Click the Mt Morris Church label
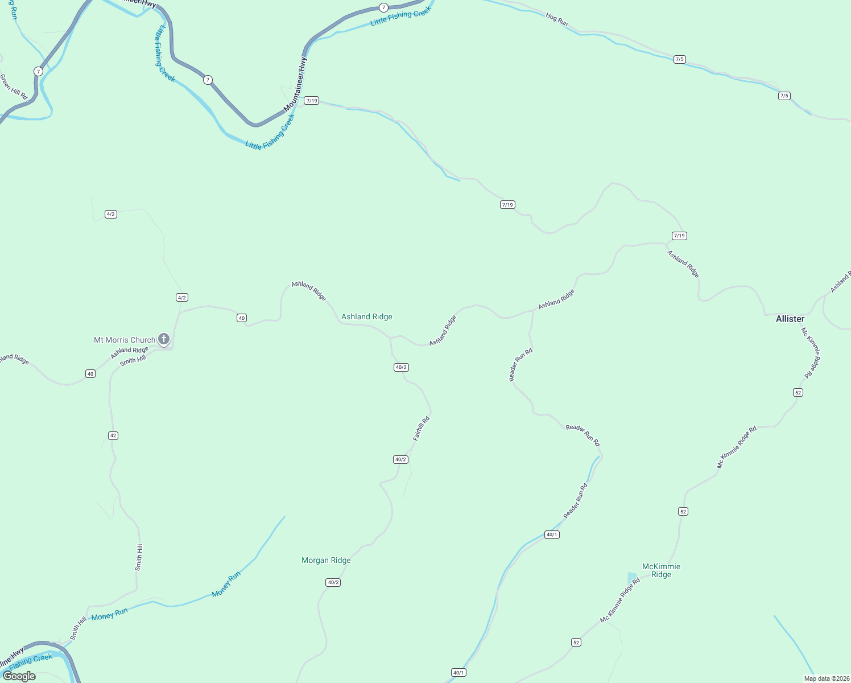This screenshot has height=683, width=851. click(x=124, y=340)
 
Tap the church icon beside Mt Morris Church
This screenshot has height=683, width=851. click(x=163, y=340)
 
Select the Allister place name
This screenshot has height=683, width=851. click(x=790, y=319)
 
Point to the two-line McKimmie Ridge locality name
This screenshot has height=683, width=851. click(x=661, y=570)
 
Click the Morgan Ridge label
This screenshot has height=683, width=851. click(x=326, y=560)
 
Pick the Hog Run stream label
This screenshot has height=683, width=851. click(x=556, y=19)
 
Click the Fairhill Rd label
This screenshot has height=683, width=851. click(x=421, y=429)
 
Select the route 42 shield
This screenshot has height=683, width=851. click(x=113, y=435)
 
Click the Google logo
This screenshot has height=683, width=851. click(x=19, y=676)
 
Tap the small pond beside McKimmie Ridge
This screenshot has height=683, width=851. click(x=632, y=578)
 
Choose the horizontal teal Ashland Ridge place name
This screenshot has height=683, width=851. click(x=366, y=316)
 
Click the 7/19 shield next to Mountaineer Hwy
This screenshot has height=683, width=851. click(x=311, y=101)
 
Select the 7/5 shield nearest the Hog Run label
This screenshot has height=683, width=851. click(x=679, y=59)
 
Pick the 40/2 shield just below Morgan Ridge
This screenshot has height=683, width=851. click(x=333, y=582)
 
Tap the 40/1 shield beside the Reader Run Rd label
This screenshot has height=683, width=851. click(x=552, y=534)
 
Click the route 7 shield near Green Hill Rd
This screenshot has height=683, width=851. click(x=38, y=71)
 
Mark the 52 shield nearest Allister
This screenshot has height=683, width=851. click(x=798, y=392)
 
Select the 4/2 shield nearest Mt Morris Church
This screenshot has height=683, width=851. click(x=182, y=298)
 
